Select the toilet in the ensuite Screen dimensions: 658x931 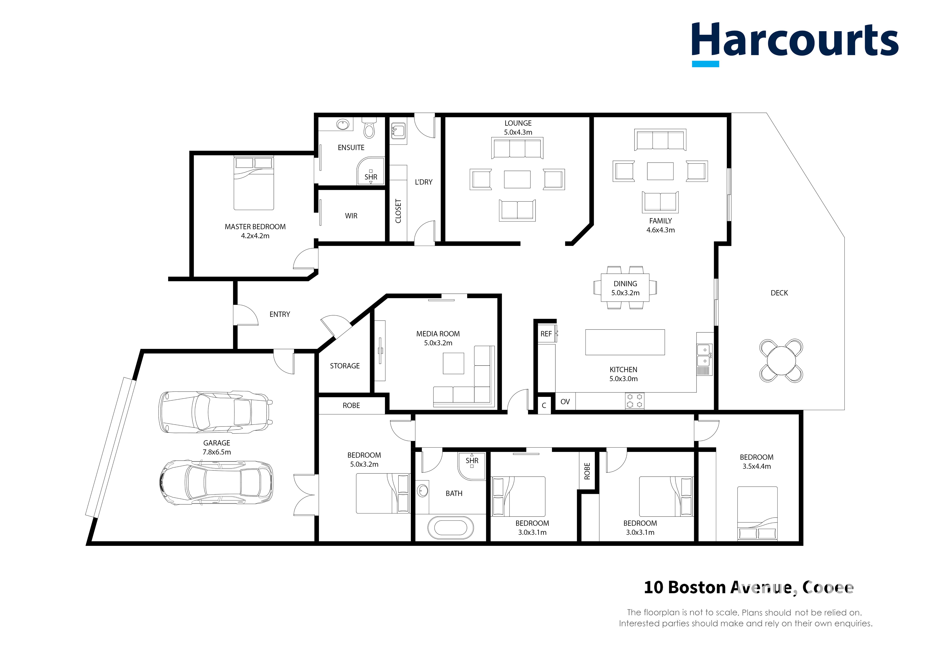point(369,128)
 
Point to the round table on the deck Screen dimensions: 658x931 point(781,360)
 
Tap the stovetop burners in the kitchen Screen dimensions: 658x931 point(634,401)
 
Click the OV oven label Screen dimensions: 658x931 point(565,402)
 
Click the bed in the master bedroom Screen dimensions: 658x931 point(254,183)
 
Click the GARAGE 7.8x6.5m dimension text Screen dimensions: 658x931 point(217,452)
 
